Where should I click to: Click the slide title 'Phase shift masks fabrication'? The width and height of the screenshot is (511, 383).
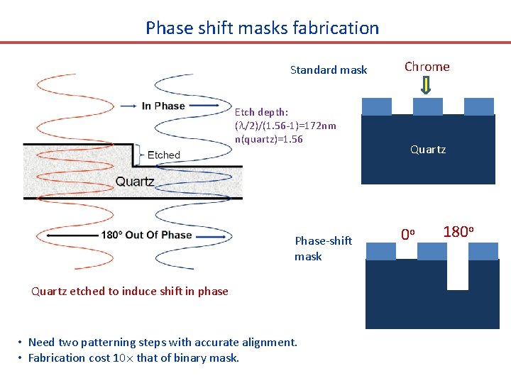(x=262, y=28)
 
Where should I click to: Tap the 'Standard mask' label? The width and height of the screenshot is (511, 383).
(x=329, y=70)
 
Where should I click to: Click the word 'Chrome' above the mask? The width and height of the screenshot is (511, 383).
(x=427, y=67)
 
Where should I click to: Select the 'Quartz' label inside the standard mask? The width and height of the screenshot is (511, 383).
(x=427, y=150)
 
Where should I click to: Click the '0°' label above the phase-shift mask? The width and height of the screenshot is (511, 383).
(x=407, y=233)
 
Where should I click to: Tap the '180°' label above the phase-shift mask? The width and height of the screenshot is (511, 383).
(x=458, y=231)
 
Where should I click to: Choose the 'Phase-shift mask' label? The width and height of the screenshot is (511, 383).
(x=323, y=248)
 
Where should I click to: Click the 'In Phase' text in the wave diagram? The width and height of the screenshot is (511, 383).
(x=163, y=106)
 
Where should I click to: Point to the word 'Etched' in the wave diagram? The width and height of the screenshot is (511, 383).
(x=164, y=155)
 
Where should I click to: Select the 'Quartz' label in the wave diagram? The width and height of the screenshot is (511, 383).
(x=135, y=181)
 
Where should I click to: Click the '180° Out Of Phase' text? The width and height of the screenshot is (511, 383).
(x=147, y=235)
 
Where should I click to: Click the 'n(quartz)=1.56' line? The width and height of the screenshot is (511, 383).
(x=268, y=139)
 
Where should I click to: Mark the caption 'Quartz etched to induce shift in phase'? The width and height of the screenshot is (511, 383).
(x=130, y=291)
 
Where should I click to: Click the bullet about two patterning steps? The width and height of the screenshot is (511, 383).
(x=163, y=342)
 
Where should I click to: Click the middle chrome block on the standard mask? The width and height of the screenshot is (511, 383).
(x=427, y=106)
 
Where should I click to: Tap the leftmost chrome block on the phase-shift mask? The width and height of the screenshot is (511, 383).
(x=380, y=251)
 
